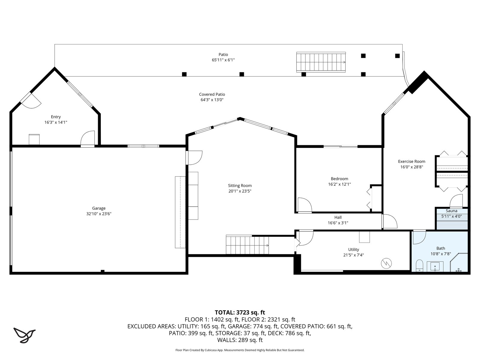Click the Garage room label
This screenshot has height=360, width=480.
pos(99,208)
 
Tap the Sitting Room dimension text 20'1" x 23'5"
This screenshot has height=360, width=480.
pos(240,191)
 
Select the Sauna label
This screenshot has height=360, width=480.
pos(451,211)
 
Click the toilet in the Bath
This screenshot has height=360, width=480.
pos(419,265)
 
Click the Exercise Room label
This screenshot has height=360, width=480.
pos(412,161)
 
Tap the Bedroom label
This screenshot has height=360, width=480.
pos(339,179)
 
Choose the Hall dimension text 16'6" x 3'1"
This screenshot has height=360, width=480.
pos(338,223)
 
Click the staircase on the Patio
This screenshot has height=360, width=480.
pos(321,62)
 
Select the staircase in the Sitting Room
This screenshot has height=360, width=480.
pos(247,245)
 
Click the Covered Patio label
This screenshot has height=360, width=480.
pos(212,94)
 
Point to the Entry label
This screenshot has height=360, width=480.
pos(56,117)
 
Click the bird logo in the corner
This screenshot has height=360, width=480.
pos(25,335)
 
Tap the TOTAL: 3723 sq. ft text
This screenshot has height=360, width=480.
pos(240,312)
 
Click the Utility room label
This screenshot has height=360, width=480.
pos(354,250)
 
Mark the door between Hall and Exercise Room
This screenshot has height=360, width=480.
pos(389,221)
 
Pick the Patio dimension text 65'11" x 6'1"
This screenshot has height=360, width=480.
pos(223,60)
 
